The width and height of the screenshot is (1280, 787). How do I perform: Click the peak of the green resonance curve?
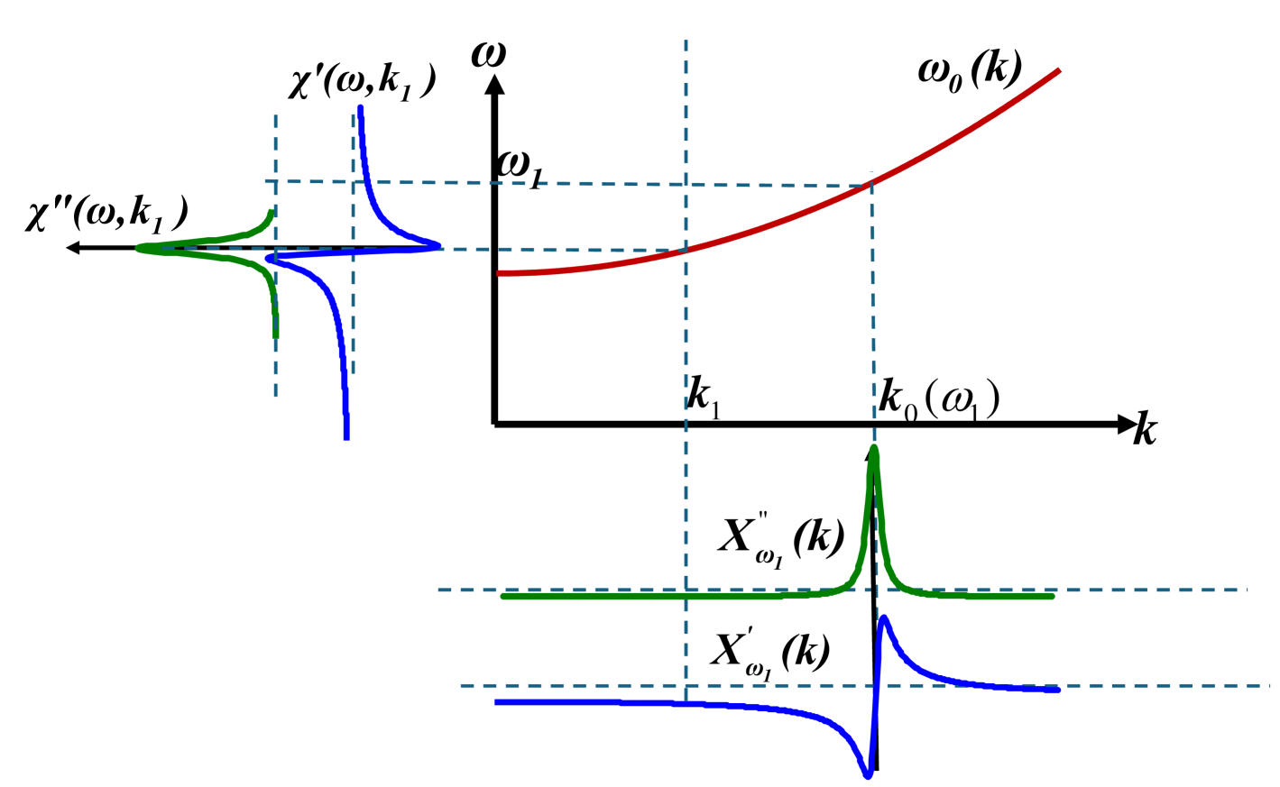[x=873, y=448]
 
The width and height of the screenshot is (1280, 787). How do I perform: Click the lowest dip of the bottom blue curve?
[x=868, y=774]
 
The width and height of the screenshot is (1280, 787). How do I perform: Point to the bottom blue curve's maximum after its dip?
[x=884, y=618]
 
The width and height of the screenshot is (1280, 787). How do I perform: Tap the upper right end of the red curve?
[x=1059, y=70]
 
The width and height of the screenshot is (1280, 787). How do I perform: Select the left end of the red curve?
[x=499, y=273]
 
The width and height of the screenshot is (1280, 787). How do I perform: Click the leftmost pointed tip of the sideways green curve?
[x=138, y=247]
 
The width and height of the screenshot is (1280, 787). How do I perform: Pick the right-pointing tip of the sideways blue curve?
[x=439, y=244]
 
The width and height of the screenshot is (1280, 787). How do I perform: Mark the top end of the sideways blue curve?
[x=360, y=107]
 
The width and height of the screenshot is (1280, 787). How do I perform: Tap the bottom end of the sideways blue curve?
[x=346, y=438]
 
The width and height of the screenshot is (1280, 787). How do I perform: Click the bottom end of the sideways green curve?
[x=276, y=336]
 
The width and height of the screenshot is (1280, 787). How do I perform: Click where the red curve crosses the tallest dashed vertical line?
[x=686, y=250]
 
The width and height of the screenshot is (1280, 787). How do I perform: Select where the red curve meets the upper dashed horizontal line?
[x=869, y=186]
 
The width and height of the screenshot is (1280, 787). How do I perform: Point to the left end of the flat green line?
[x=503, y=596]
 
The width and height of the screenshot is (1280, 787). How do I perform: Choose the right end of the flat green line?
[x=1052, y=596]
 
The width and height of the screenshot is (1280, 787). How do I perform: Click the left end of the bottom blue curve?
[x=496, y=702]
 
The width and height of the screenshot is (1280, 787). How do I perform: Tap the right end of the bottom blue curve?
[x=1059, y=691]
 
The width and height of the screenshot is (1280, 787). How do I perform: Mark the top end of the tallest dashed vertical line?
[x=686, y=41]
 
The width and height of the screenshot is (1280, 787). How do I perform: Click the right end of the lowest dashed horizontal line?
[x=1270, y=685]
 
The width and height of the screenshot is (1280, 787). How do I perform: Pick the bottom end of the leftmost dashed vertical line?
[x=275, y=397]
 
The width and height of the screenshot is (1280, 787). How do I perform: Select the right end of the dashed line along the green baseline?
[x=1248, y=590]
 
